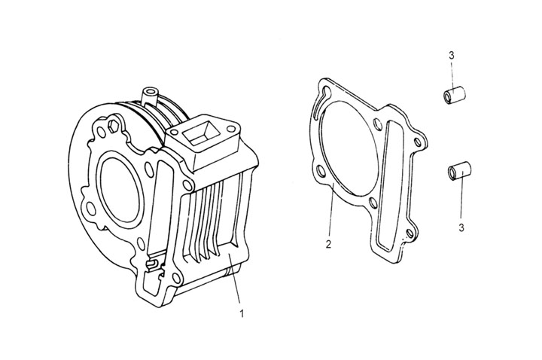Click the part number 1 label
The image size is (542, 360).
tap(241, 310)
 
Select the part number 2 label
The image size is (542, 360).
tap(328, 244)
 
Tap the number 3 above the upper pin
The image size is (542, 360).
tap(450, 55)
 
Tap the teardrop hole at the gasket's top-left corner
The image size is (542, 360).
tap(324, 95)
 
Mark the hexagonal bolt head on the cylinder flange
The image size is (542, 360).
tap(115, 124)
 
